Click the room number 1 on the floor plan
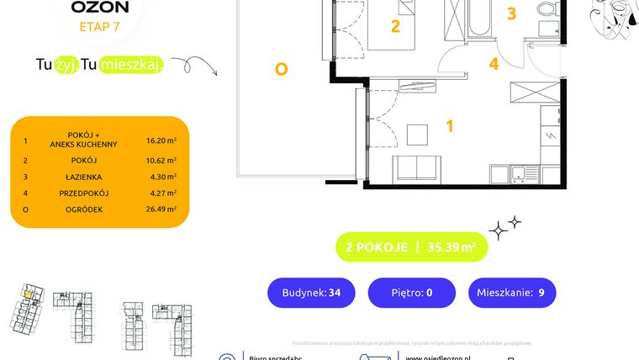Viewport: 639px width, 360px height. point(450,126)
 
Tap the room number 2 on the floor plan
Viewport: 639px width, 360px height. point(395,26)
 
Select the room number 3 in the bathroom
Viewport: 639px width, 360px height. point(511,13)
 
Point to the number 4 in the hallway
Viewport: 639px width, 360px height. point(494,63)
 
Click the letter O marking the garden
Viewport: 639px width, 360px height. point(281,70)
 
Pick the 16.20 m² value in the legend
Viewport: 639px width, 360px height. point(160,143)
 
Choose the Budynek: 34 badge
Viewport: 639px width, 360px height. point(311,293)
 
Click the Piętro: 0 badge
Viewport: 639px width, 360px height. point(412,293)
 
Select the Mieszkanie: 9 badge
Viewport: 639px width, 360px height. point(511,293)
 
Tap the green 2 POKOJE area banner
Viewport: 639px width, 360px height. point(411,247)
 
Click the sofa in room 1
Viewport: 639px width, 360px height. point(417,167)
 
